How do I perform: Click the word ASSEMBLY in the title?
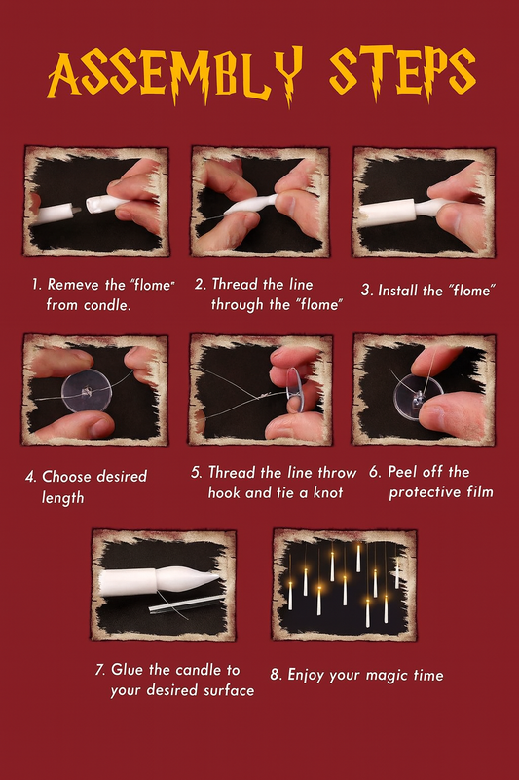click(175, 75)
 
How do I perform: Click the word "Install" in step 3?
click(398, 291)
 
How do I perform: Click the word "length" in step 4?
click(62, 498)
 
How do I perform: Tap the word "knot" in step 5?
click(328, 493)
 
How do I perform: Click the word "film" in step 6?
click(480, 492)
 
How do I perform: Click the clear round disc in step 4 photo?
click(87, 394)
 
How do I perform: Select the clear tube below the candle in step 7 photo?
click(187, 604)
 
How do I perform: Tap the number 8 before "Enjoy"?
click(276, 675)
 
